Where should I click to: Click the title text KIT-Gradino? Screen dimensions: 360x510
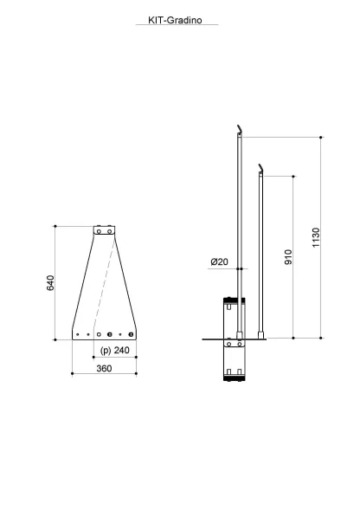pos(175,20)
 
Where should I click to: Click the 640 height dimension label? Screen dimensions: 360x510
pos(51,282)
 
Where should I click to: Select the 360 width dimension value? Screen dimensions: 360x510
pos(104,368)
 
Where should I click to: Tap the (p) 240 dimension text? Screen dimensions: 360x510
pos(115,351)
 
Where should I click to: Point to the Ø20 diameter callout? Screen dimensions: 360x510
pos(219,261)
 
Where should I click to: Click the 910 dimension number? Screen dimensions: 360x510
pos(288,257)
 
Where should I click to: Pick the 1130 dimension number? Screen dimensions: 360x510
pos(316,237)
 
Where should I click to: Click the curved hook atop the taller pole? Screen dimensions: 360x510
pos(240,129)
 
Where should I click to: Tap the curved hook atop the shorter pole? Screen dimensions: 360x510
pos(260,168)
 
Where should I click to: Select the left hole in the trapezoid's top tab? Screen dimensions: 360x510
pos(99,231)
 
